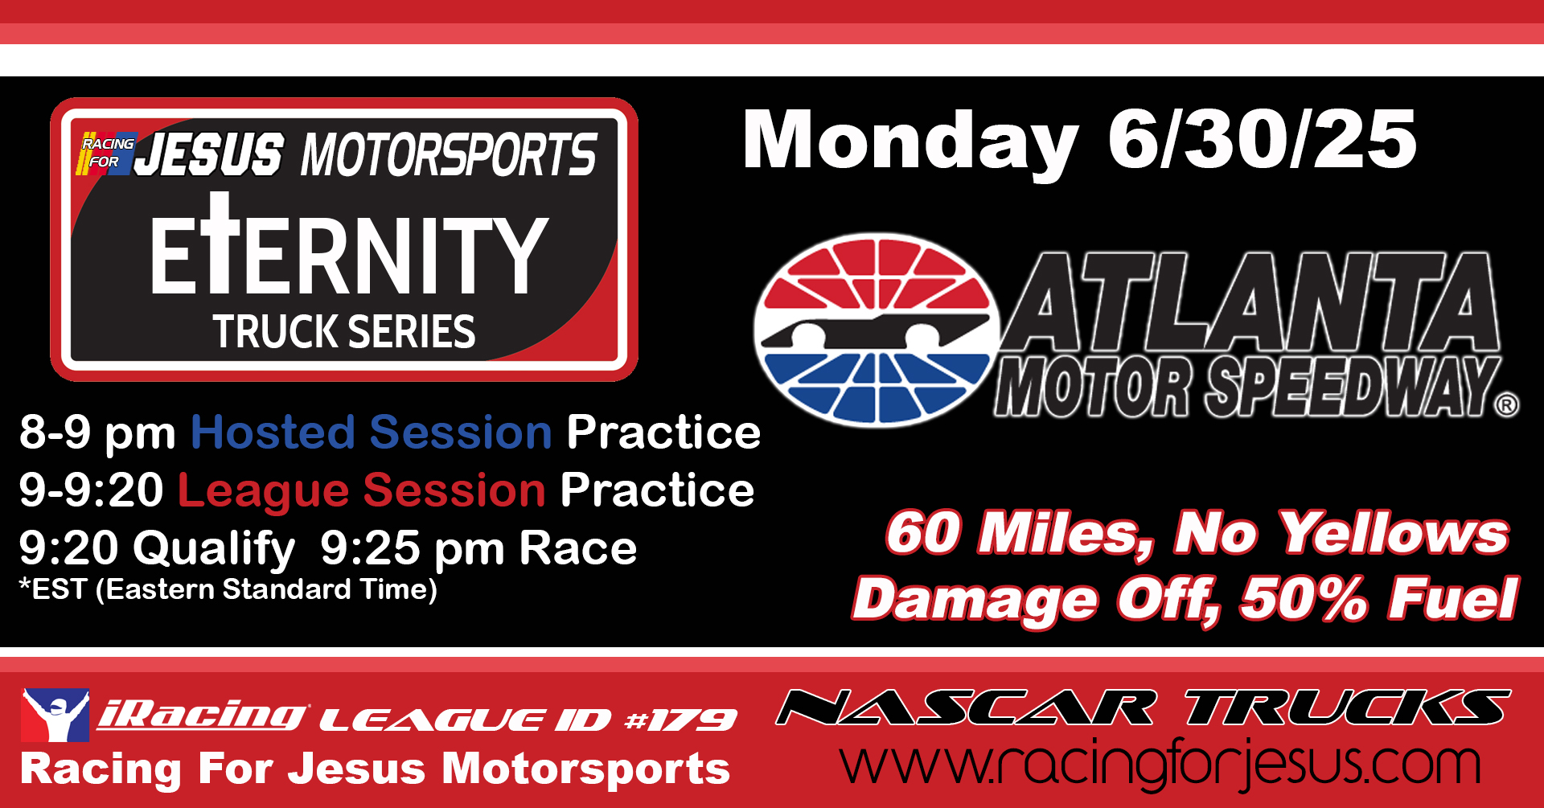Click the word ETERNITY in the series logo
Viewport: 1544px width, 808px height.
coord(349,245)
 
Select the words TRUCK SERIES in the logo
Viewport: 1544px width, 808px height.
coord(344,331)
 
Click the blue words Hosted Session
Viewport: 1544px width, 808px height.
coord(372,433)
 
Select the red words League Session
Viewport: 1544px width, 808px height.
coord(362,491)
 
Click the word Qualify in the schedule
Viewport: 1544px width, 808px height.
coord(215,549)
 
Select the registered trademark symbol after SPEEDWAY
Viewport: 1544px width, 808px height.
coord(1507,404)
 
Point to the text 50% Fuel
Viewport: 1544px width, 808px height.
coord(1379,599)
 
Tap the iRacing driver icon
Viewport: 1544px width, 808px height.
coord(55,715)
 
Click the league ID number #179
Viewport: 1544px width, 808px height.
coord(680,720)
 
